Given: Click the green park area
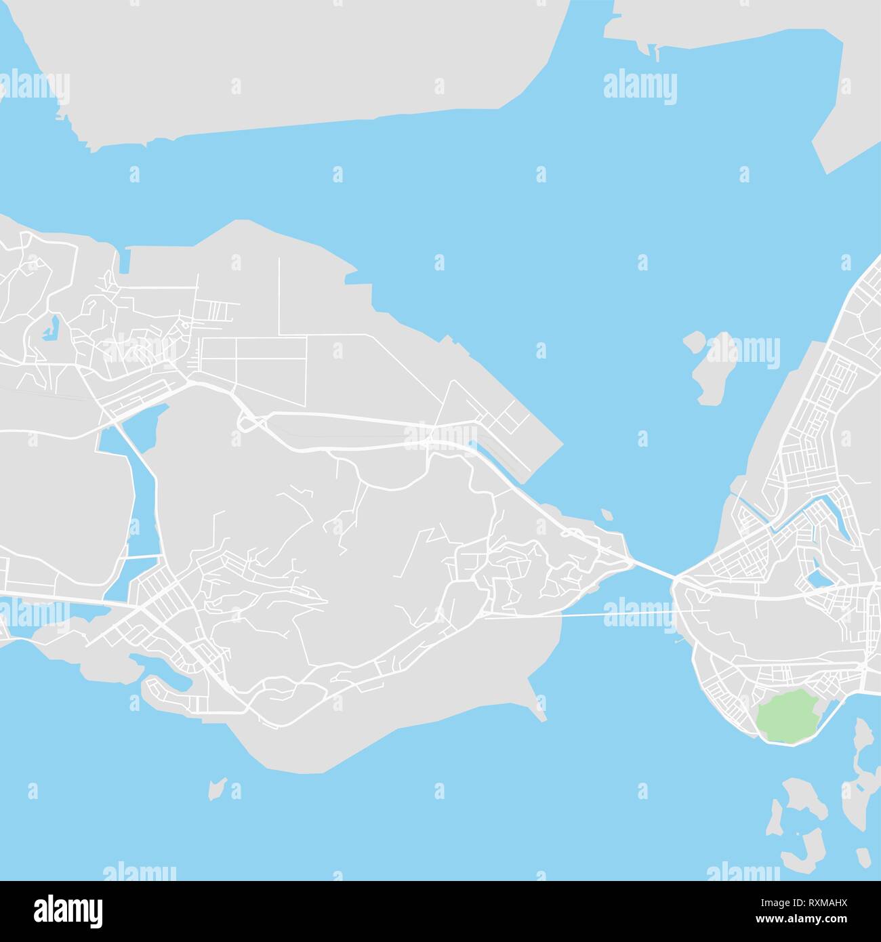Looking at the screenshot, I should [x=786, y=716].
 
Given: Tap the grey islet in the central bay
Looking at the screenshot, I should [x=708, y=367].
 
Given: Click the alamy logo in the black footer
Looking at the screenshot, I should [x=68, y=908].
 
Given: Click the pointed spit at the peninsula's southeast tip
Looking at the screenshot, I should [x=539, y=712].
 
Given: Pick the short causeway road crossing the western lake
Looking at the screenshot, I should [x=144, y=557].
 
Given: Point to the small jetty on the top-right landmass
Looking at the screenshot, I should [x=655, y=50].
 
